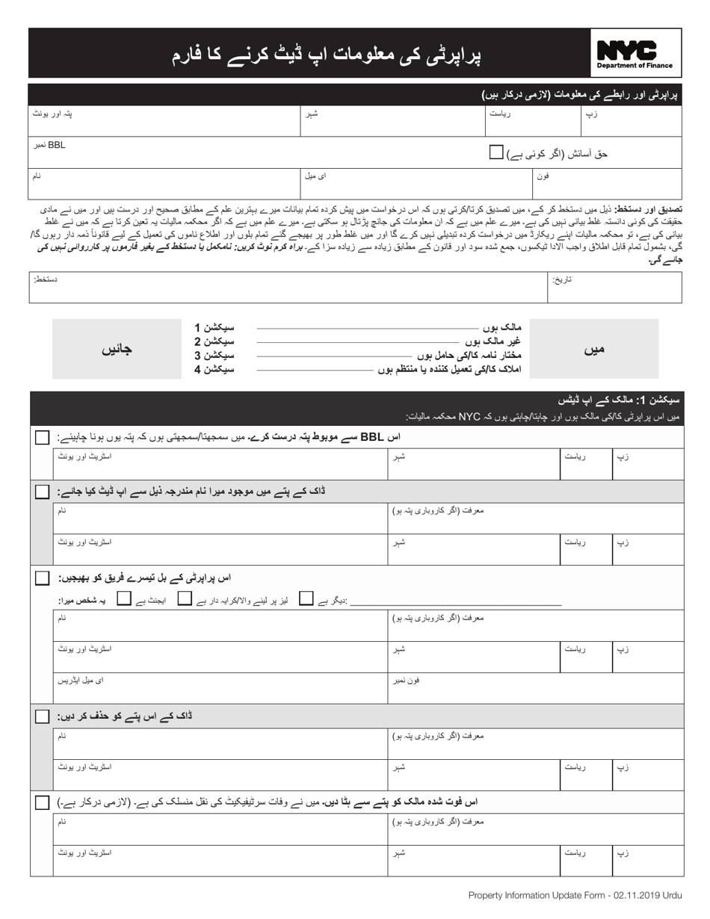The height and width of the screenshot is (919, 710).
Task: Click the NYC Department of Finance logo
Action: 635,54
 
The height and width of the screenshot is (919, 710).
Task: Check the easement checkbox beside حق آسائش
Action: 496,152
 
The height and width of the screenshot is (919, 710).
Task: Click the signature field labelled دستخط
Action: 287,287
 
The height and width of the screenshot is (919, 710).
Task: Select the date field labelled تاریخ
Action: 614,287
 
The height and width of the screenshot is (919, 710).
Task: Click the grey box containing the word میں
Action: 593,349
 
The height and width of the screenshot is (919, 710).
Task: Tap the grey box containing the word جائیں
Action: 117,349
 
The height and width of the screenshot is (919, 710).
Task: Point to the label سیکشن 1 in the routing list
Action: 214,327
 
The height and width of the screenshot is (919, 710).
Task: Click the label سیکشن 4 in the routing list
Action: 214,370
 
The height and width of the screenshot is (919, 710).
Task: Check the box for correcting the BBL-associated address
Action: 43,437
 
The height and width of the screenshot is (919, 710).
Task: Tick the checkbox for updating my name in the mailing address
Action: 43,492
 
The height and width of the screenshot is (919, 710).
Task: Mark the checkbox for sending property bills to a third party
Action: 43,578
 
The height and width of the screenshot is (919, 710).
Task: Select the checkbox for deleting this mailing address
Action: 43,717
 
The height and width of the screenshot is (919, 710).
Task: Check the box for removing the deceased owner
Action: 43,802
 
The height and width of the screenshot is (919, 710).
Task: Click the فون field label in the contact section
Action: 543,176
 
